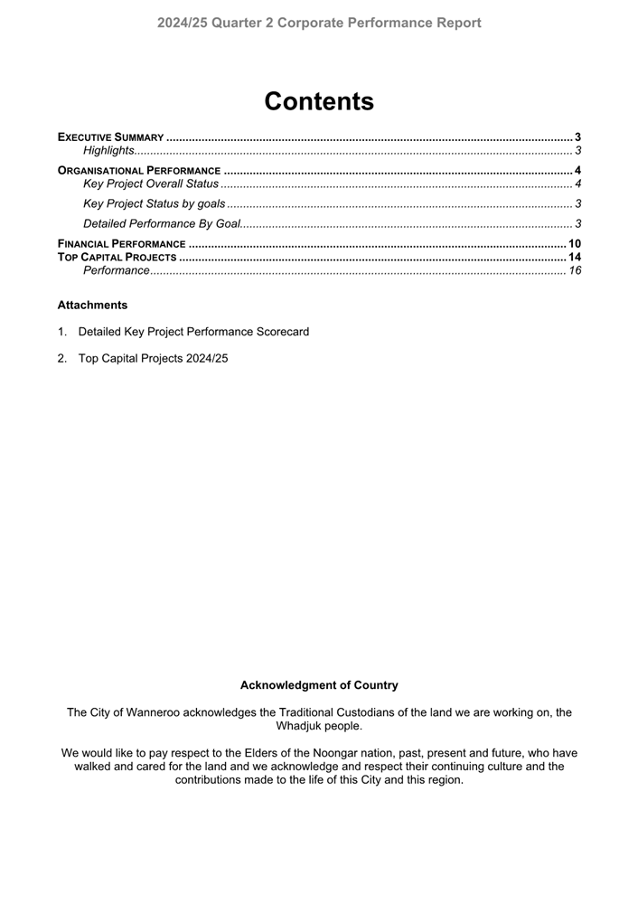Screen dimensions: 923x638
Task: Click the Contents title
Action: click(x=319, y=101)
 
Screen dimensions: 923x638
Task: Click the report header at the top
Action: click(x=319, y=23)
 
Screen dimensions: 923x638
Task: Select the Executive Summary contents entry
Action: click(x=110, y=137)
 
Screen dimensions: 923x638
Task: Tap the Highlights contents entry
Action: click(x=108, y=150)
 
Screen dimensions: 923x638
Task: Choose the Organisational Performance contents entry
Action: click(x=139, y=170)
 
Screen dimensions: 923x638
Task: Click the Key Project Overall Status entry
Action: click(x=150, y=184)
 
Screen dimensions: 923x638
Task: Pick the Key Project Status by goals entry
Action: click(x=154, y=203)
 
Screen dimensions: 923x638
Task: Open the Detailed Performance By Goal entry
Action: click(x=161, y=223)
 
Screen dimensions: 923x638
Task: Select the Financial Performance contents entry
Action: click(x=121, y=244)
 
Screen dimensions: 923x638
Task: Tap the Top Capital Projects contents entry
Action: click(x=117, y=257)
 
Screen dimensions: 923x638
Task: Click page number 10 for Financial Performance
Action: click(x=574, y=244)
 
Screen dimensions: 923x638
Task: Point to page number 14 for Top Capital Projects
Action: click(x=574, y=257)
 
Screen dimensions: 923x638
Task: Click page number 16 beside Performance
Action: click(x=574, y=270)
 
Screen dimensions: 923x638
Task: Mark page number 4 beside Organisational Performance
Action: click(x=577, y=170)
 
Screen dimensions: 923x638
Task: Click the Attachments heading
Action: click(x=92, y=305)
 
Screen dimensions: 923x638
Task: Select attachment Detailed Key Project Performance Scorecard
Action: click(x=193, y=332)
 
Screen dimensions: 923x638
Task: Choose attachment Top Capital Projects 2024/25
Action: click(x=153, y=358)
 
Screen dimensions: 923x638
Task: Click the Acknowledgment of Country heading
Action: click(x=319, y=685)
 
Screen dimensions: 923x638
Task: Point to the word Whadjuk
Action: click(x=300, y=725)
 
